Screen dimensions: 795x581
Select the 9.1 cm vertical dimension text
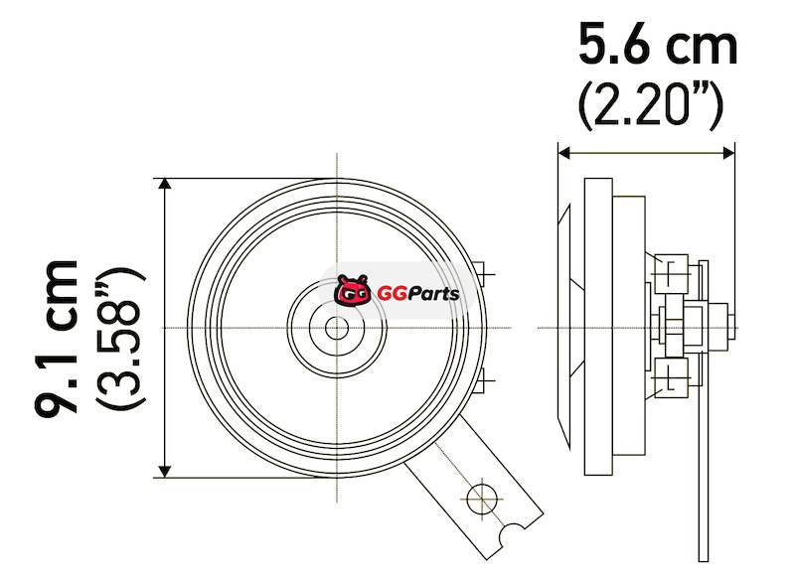(56, 338)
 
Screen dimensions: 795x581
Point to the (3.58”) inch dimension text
(120, 337)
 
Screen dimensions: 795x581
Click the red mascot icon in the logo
(351, 291)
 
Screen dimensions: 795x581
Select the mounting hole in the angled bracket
(481, 499)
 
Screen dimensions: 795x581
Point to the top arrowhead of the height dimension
(165, 184)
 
